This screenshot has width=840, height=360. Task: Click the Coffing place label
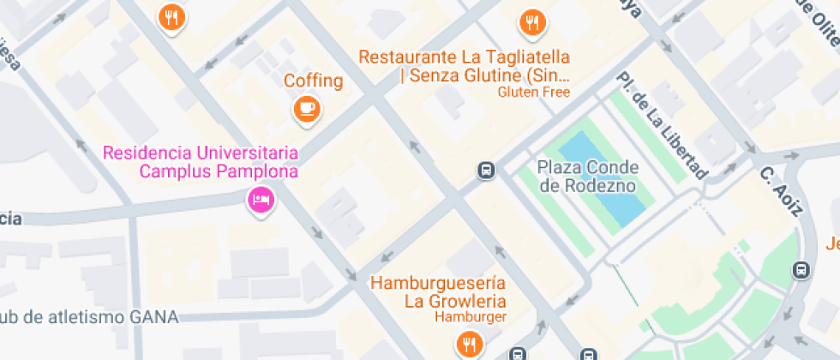(x=313, y=81)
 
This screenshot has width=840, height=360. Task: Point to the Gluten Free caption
(x=533, y=92)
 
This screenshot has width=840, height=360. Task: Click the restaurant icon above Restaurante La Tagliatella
(x=532, y=22)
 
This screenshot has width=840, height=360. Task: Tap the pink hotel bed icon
(x=260, y=201)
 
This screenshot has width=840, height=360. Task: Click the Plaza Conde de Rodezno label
(x=586, y=175)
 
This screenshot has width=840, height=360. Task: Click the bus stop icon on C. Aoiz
(x=801, y=269)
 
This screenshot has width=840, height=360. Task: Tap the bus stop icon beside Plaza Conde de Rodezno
(x=486, y=171)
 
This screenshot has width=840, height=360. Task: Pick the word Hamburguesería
(x=438, y=283)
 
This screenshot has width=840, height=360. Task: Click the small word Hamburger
(x=470, y=317)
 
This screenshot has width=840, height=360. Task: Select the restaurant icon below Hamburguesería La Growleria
(x=468, y=345)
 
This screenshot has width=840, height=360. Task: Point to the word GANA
(x=153, y=317)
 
